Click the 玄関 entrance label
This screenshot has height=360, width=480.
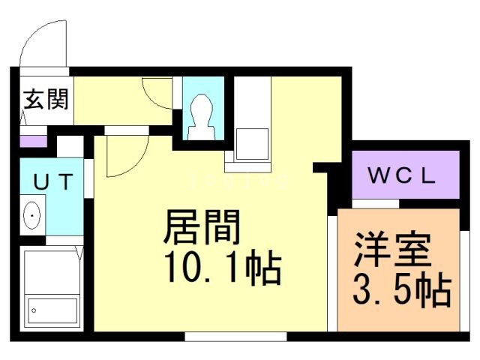coord(46,99)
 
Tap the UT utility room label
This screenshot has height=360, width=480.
coord(53,181)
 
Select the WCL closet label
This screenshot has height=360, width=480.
coord(402,175)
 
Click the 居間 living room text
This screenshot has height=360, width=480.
coord(202,227)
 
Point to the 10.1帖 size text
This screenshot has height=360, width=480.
coord(223,266)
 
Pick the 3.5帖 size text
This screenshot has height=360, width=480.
coord(402,289)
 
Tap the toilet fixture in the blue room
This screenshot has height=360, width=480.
coord(202,117)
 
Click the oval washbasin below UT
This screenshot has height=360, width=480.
coord(32,215)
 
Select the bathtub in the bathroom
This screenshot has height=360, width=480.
coord(52,309)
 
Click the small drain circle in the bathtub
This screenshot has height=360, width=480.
coord(34,310)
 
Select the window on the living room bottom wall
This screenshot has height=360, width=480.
coord(235,337)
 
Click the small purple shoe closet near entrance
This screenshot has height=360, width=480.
coord(33,141)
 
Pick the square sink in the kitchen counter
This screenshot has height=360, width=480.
coord(252,144)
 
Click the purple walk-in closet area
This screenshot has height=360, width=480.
coord(406,175)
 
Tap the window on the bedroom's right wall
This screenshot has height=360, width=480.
coord(465,281)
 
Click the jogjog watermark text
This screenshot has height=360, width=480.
coord(239,181)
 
